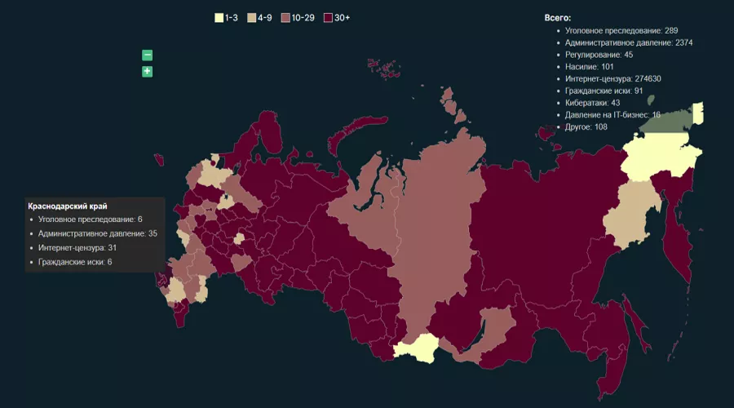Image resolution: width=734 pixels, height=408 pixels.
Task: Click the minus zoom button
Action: point(148,55)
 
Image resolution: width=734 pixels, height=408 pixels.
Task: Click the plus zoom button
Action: point(148,72)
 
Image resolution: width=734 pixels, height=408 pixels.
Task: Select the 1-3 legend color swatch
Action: point(219,17)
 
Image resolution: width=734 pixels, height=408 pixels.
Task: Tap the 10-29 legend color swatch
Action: point(285,17)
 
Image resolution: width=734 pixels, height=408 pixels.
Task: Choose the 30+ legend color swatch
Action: point(328,17)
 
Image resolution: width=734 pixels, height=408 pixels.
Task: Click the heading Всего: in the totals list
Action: point(558,17)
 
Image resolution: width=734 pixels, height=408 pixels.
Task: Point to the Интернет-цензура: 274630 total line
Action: point(612,78)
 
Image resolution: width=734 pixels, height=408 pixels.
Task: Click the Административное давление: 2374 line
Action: point(629,42)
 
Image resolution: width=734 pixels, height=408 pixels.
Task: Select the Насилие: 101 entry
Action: point(590,66)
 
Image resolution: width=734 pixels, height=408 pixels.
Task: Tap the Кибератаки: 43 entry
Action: point(592,103)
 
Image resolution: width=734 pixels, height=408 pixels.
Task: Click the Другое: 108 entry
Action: point(586,127)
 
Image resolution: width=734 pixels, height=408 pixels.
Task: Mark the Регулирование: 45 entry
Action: point(599,55)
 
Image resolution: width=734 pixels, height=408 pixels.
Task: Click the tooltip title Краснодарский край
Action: point(68,206)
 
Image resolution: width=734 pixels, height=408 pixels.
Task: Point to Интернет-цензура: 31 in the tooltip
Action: point(77,247)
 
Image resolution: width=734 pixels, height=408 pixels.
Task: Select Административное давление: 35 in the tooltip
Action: point(97,233)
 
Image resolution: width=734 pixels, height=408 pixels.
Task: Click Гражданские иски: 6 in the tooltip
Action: point(74,262)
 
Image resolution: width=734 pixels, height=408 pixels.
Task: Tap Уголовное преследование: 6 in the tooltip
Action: point(90,220)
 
